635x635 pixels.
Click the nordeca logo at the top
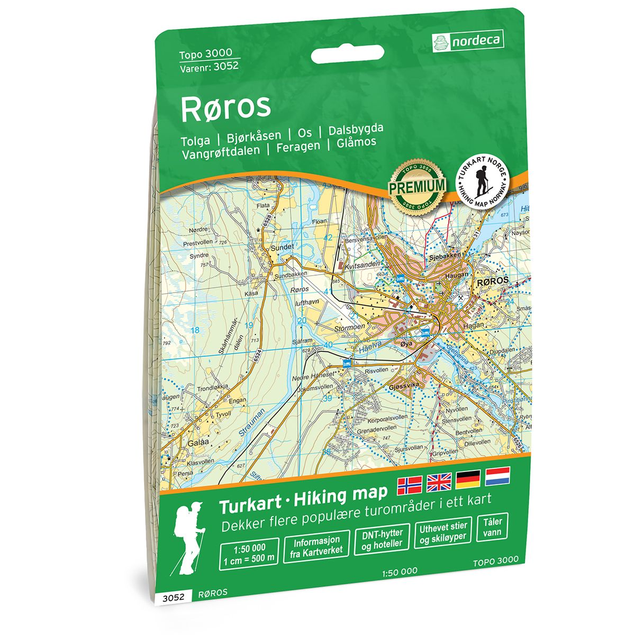tap(468, 40)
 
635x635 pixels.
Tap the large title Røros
tap(226, 106)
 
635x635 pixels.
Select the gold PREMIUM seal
tap(416, 185)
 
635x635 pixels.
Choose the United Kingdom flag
tap(439, 480)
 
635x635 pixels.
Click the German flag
tap(468, 478)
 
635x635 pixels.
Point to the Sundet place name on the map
tap(282, 247)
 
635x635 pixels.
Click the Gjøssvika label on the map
tap(404, 387)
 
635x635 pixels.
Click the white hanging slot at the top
tap(347, 55)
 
